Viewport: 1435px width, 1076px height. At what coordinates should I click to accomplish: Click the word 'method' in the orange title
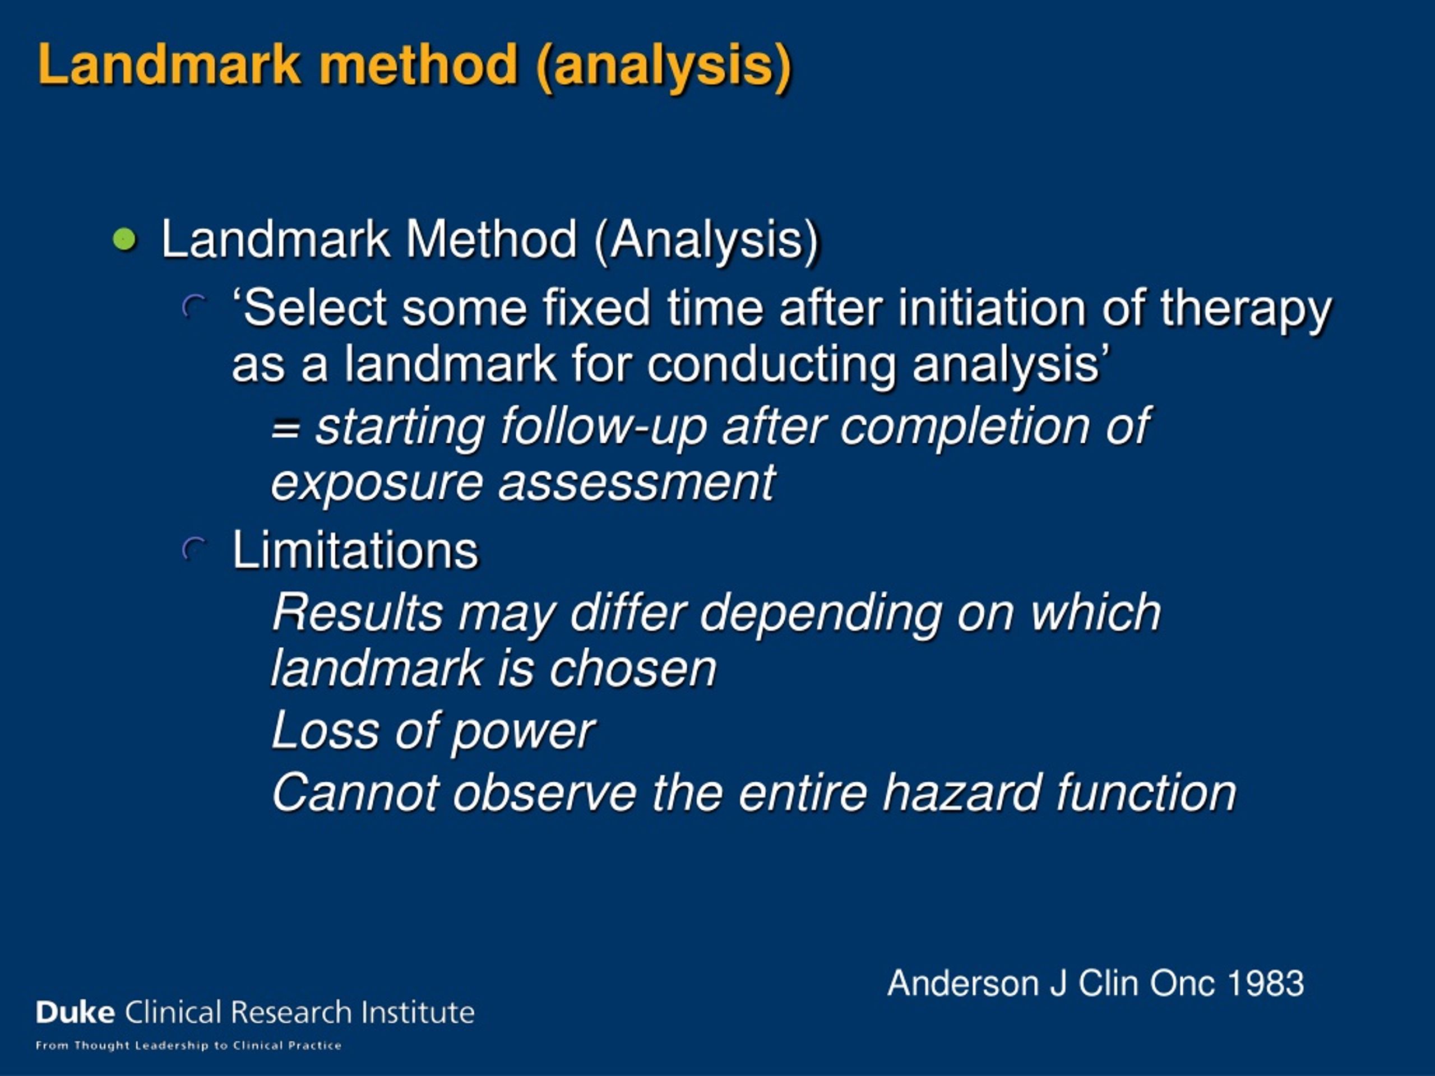418,65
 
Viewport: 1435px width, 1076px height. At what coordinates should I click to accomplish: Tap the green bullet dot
124,239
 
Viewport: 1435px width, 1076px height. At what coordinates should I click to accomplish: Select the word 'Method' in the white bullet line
491,239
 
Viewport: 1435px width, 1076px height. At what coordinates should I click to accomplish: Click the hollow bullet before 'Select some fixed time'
193,307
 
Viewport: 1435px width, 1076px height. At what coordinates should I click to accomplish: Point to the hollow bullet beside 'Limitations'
193,550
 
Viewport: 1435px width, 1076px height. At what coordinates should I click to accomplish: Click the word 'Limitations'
355,550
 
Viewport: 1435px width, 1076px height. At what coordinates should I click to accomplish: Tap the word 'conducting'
771,364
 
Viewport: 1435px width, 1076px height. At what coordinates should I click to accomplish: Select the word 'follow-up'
603,428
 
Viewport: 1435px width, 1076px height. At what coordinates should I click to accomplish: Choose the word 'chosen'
632,669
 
